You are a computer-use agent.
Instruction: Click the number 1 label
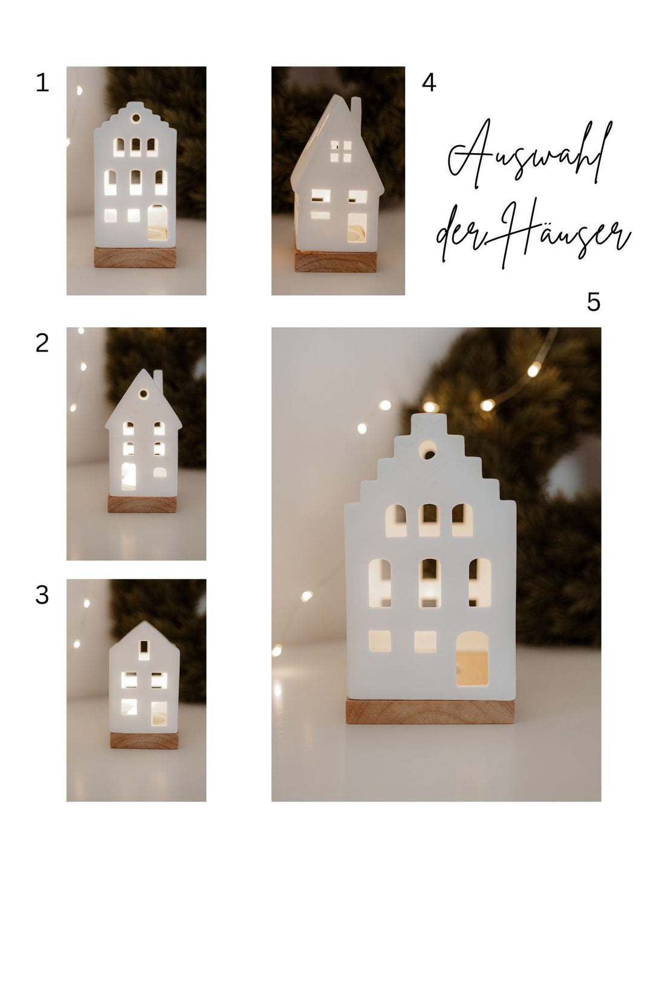click(42, 83)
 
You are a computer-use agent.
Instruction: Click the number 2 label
click(42, 344)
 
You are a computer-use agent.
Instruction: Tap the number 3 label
click(42, 595)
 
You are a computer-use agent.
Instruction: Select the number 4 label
click(429, 83)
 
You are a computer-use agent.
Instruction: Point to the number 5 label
click(594, 302)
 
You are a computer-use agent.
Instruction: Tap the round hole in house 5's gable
click(429, 449)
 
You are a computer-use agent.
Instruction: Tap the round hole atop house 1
click(136, 117)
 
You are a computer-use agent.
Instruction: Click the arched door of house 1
click(157, 222)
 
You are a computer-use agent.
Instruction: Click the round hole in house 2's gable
click(144, 395)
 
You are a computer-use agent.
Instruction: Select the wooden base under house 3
click(144, 740)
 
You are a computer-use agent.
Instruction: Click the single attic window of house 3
click(144, 650)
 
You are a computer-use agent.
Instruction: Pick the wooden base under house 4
click(336, 262)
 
